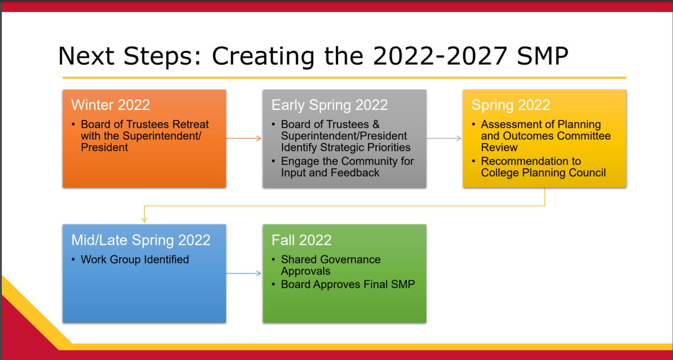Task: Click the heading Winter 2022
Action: pyautogui.click(x=110, y=105)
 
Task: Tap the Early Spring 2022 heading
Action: pyautogui.click(x=330, y=105)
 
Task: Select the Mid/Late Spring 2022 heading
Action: pyautogui.click(x=141, y=241)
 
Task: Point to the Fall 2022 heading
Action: pyautogui.click(x=301, y=240)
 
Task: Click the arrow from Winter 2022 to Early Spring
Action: pyautogui.click(x=243, y=139)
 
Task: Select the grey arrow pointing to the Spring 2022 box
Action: pyautogui.click(x=444, y=139)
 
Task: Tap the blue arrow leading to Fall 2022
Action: pyautogui.click(x=243, y=273)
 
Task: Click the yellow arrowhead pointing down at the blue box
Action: pyautogui.click(x=144, y=219)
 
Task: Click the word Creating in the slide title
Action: pyautogui.click(x=263, y=56)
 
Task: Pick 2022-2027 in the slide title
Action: pyautogui.click(x=440, y=56)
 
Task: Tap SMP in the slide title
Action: pyautogui.click(x=543, y=56)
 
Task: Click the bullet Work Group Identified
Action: pyautogui.click(x=135, y=259)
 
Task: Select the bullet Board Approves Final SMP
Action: pyautogui.click(x=348, y=284)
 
